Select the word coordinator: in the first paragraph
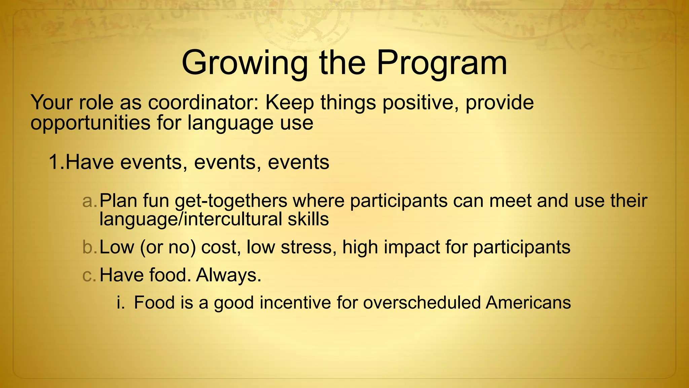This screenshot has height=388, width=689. pos(204,102)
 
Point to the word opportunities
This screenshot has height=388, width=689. pos(90,123)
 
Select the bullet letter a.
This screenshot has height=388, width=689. pos(89,201)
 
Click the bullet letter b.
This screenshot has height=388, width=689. pos(89,247)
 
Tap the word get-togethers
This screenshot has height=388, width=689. pos(231,201)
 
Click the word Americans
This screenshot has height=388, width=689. pos(528,302)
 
